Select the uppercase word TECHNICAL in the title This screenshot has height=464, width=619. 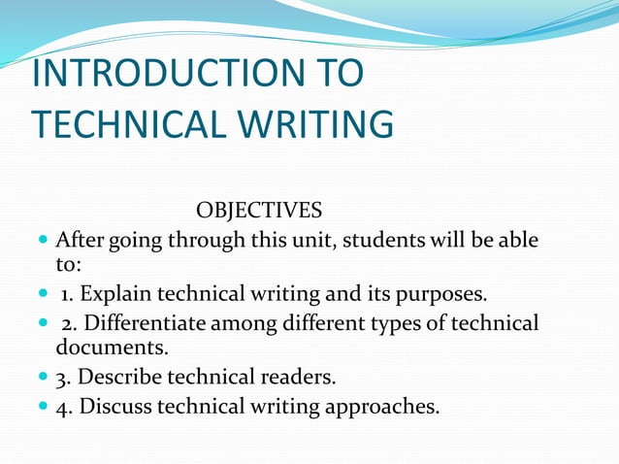click(x=123, y=124)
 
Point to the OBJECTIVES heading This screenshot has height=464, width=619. click(x=259, y=211)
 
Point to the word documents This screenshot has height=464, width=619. click(x=107, y=348)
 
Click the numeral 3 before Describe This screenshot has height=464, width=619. click(x=61, y=376)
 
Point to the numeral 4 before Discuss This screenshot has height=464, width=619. click(x=61, y=405)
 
